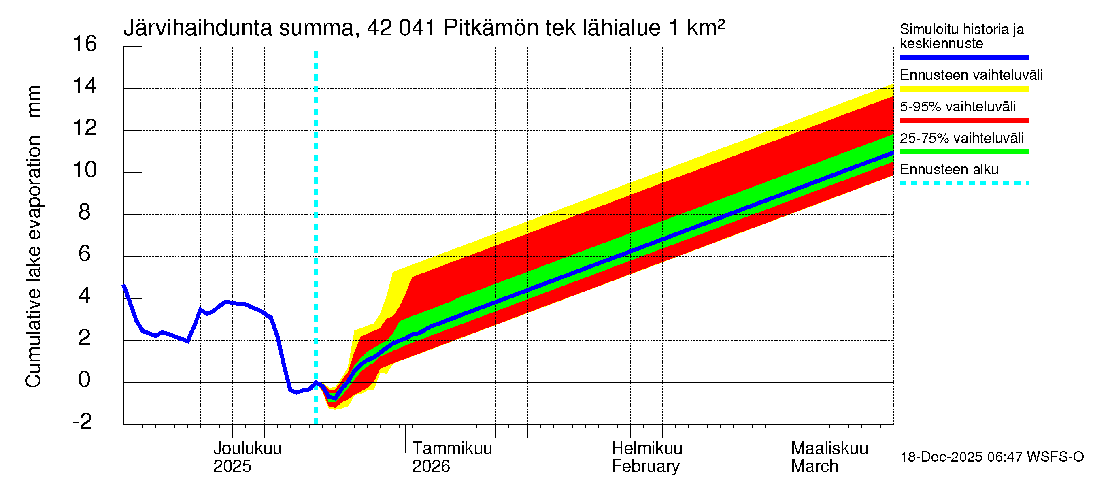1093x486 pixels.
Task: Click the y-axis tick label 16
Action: point(85,44)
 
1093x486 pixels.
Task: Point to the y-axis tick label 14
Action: point(85,86)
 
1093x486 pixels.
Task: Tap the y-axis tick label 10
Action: point(85,170)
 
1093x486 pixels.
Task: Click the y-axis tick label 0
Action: point(85,379)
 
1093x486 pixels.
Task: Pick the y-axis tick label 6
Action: point(85,254)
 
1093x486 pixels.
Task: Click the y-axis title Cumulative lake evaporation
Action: point(33,262)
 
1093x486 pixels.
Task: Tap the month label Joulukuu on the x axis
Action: point(247,449)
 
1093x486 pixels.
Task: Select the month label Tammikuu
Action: point(452,449)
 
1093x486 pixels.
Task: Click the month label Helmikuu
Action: point(647,449)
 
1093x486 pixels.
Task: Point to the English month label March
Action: point(814,467)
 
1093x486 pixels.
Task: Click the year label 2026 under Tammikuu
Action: point(431,467)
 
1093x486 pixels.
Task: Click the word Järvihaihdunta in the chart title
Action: point(198,28)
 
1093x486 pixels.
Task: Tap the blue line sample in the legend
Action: point(964,57)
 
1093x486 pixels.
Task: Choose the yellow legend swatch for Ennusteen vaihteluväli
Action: point(964,89)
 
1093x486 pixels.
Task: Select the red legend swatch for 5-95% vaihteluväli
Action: point(964,121)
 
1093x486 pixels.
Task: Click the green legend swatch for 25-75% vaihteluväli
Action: point(964,152)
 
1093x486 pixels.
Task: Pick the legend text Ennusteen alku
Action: point(949,170)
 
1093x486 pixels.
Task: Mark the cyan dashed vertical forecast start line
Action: point(316,238)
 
